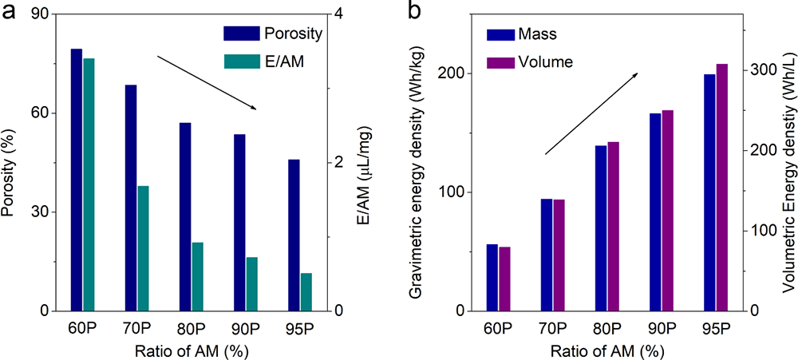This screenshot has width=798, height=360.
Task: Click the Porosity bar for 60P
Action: tap(77, 180)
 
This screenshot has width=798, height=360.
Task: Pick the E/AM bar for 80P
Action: tap(198, 276)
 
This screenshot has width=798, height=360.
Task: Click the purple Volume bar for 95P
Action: tap(721, 187)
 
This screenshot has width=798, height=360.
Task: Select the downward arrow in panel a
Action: tap(207, 83)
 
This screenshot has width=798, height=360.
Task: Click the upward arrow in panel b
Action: tap(591, 113)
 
